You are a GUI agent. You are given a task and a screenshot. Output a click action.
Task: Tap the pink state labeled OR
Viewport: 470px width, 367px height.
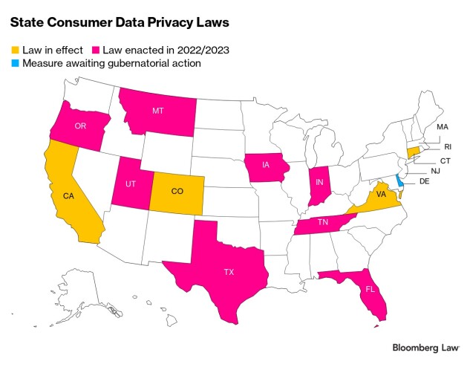click(x=81, y=126)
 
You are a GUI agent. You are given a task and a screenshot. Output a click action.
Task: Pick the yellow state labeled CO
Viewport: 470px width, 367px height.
click(x=176, y=191)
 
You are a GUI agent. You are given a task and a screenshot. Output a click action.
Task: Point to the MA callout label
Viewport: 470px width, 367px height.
click(x=443, y=127)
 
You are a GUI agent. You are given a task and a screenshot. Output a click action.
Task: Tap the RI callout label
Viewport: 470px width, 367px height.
click(x=447, y=147)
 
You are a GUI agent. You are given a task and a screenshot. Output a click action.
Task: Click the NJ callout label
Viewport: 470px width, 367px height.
click(x=436, y=171)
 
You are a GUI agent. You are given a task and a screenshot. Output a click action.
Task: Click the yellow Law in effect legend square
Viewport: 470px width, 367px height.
click(x=14, y=50)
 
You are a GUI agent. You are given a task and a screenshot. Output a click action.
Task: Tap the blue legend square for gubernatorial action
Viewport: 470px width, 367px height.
click(x=14, y=63)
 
